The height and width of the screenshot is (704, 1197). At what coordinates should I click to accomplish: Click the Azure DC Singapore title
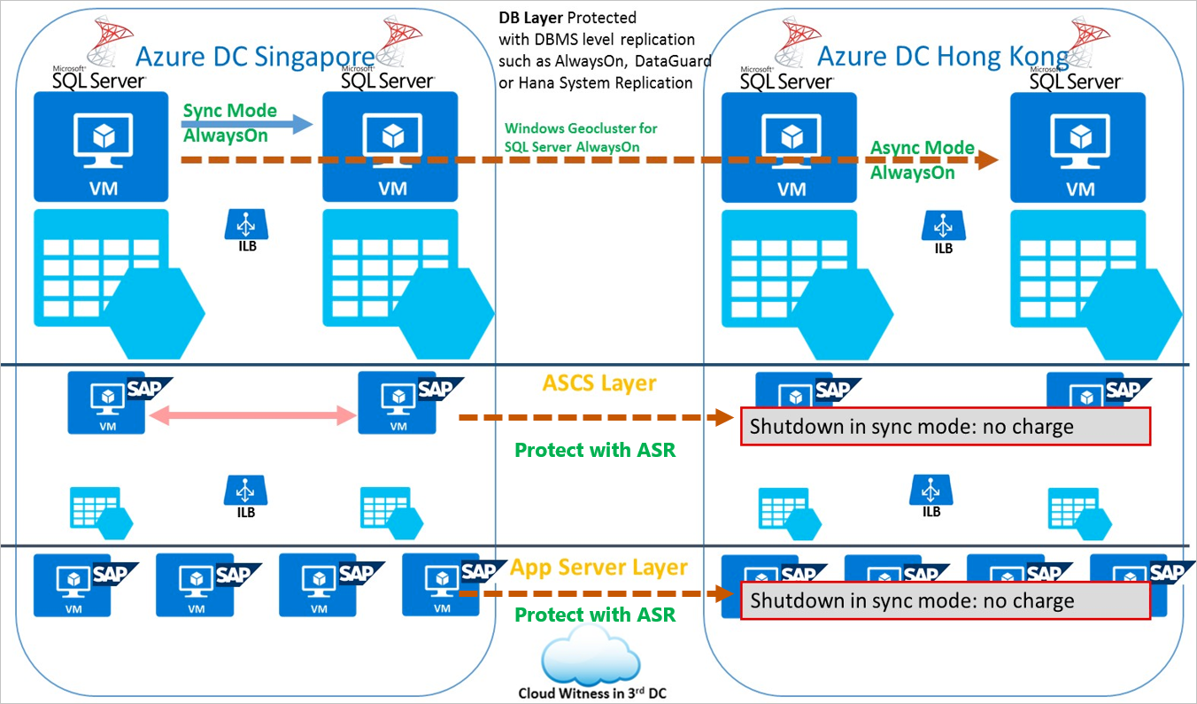[254, 58]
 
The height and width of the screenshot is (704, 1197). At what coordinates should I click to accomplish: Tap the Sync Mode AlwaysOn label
[229, 123]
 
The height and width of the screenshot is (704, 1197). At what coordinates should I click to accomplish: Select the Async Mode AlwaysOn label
[922, 159]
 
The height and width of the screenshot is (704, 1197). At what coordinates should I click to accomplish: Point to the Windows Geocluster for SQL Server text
[581, 137]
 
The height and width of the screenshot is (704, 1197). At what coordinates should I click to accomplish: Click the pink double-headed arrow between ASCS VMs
[251, 414]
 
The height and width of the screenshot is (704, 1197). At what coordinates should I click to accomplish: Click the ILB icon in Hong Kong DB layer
[944, 227]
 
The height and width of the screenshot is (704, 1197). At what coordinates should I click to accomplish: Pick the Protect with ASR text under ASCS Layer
[595, 450]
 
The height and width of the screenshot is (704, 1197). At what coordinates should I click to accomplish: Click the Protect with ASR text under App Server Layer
[595, 615]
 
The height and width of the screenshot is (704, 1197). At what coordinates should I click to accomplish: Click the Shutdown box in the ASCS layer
[945, 426]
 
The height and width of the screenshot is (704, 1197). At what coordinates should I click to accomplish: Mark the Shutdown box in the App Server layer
[945, 600]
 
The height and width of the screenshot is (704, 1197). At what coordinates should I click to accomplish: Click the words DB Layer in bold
[530, 18]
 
